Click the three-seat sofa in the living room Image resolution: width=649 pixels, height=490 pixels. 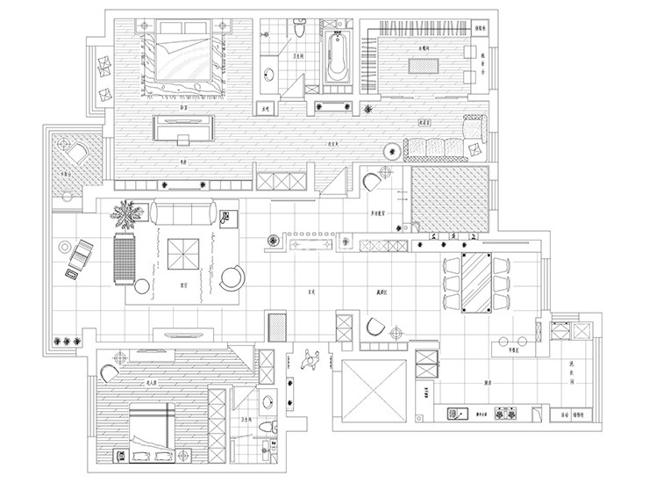pyautogui.click(x=183, y=213)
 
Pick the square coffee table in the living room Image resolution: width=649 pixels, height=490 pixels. pyautogui.click(x=188, y=256)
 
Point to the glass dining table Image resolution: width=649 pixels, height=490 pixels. pyautogui.click(x=478, y=281)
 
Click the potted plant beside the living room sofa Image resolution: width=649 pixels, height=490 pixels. pyautogui.click(x=127, y=214)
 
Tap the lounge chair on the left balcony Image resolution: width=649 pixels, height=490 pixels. pyautogui.click(x=79, y=254)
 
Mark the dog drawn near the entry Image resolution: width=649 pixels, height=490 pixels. pyautogui.click(x=308, y=358)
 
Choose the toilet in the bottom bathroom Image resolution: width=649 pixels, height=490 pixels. pyautogui.click(x=274, y=426)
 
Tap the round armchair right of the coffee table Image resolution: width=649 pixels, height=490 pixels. pyautogui.click(x=233, y=277)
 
